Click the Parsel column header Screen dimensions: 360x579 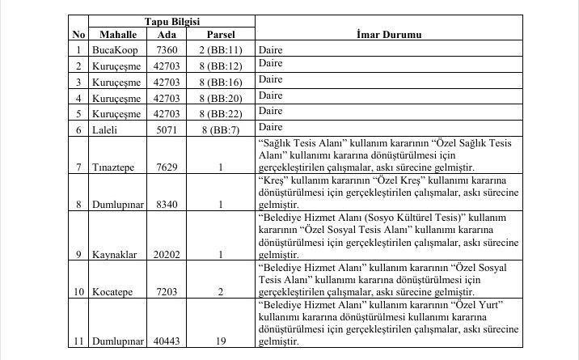221,36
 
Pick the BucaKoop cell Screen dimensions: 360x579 112,50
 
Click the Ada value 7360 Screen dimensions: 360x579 167,50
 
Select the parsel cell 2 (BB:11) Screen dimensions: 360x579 221,50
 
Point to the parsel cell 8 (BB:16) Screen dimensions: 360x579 221,82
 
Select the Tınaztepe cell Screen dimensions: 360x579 112,167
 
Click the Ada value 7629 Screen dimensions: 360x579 167,167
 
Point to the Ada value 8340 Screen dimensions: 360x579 167,205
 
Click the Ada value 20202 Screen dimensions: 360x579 167,254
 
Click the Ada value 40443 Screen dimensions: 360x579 167,341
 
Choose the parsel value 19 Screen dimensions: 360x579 221,341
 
